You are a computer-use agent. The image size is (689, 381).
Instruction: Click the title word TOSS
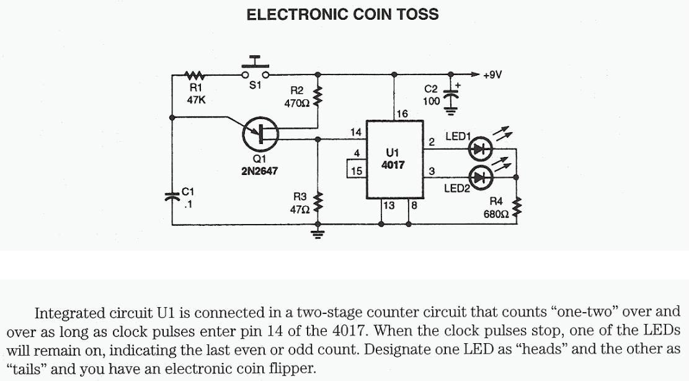[x=415, y=14]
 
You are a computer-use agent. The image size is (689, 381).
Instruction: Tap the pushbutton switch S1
[x=255, y=70]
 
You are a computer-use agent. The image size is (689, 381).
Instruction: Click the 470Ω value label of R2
[x=296, y=104]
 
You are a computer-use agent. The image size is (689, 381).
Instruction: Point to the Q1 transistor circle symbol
[x=260, y=135]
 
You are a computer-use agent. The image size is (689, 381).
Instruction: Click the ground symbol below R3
[x=318, y=234]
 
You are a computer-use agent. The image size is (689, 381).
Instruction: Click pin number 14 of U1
[x=355, y=132]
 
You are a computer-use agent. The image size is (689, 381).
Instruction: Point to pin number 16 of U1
[x=402, y=114]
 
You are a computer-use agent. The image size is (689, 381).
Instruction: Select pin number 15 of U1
[x=356, y=170]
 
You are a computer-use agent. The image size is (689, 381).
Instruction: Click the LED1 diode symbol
[x=481, y=149]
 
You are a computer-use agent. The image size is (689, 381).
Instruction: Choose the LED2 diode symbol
[x=481, y=176]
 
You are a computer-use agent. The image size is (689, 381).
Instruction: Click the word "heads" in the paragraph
[x=546, y=349]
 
